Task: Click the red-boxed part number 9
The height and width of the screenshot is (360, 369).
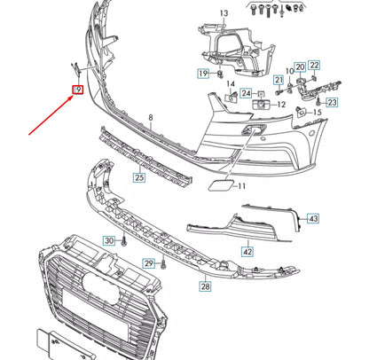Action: click(x=79, y=90)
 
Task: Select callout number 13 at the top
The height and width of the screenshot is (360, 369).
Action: click(x=224, y=12)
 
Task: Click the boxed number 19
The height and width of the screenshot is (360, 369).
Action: click(x=203, y=73)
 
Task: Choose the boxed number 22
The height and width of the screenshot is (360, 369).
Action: click(x=314, y=65)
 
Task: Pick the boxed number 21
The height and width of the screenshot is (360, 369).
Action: click(x=278, y=81)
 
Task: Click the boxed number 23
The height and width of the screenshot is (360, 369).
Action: click(x=332, y=103)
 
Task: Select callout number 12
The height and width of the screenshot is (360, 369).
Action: click(x=280, y=105)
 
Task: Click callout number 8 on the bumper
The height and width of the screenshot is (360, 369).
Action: click(x=151, y=118)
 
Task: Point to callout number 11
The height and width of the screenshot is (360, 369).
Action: click(x=241, y=186)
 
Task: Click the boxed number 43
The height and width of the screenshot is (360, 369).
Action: click(x=314, y=218)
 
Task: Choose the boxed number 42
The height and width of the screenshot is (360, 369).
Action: click(x=247, y=252)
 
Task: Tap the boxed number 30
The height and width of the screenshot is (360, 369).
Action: click(x=109, y=240)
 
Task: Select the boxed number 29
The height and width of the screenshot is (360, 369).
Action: click(x=149, y=263)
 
